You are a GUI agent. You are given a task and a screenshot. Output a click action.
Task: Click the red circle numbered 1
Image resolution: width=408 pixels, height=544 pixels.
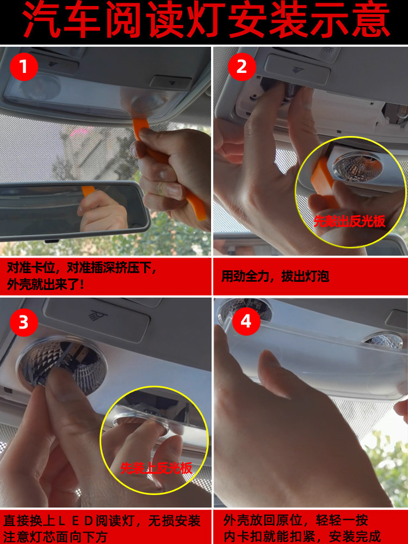(23, 66)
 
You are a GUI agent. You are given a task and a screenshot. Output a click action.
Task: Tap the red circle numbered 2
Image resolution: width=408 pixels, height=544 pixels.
(242, 66)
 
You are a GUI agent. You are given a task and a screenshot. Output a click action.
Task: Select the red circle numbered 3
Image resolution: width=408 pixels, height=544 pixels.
(23, 322)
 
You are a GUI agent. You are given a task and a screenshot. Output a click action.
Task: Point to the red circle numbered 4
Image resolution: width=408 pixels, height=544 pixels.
(246, 322)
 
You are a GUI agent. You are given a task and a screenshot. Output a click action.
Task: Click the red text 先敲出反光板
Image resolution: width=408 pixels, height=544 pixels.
(349, 221)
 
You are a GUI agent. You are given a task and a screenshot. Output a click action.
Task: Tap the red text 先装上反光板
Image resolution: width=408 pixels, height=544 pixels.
(156, 469)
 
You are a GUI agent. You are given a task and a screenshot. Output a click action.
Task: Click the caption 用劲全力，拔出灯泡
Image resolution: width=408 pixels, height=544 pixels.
(275, 276)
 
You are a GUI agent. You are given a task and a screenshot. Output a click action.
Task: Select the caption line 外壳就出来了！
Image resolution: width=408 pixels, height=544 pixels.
(46, 285)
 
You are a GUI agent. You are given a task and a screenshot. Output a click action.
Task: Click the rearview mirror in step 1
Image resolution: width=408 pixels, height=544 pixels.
(75, 212)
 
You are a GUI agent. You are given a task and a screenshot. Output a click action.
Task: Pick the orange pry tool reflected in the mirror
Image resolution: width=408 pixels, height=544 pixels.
(88, 191)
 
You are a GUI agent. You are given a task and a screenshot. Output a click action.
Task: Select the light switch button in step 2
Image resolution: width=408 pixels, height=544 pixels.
(297, 69)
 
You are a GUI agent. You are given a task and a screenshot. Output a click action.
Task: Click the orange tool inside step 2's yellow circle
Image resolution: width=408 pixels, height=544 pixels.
(324, 182)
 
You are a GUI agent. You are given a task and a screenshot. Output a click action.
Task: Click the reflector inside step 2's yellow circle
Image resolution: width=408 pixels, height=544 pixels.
(357, 166)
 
